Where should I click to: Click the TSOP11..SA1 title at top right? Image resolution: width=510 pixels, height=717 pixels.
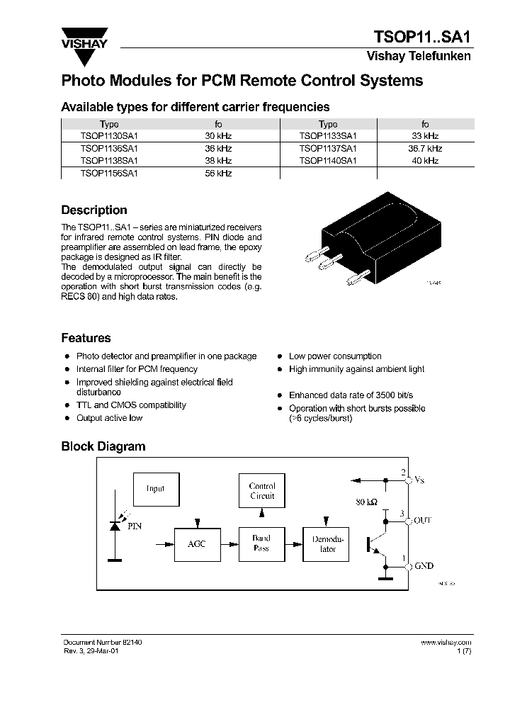point(422,36)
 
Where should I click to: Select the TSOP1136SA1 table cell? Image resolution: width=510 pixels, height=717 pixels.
point(109,149)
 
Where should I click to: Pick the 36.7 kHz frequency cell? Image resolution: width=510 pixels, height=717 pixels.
point(425,149)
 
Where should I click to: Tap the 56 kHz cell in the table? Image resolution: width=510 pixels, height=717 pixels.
point(218,173)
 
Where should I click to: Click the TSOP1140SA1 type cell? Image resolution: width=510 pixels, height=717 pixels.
point(327,161)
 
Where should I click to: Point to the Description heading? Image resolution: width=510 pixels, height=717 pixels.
point(94,210)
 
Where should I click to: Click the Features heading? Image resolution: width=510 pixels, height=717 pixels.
point(86,338)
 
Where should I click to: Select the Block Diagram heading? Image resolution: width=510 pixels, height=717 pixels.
point(103,446)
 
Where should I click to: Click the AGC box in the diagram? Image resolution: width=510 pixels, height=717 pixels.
point(196,544)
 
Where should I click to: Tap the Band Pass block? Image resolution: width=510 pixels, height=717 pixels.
point(261,543)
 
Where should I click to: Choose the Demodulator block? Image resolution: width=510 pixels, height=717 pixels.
point(327,543)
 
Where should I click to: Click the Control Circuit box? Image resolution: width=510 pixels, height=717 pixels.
point(261,491)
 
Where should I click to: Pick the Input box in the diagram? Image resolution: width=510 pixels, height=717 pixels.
point(155,489)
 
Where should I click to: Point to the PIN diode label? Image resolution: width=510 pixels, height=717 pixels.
point(134,526)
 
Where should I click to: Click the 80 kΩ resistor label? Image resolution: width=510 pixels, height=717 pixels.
point(366,502)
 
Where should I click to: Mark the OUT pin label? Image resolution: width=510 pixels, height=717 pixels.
point(423,521)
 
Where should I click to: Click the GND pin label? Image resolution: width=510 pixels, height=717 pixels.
point(424,566)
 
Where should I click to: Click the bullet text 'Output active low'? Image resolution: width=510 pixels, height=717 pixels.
point(109,418)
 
